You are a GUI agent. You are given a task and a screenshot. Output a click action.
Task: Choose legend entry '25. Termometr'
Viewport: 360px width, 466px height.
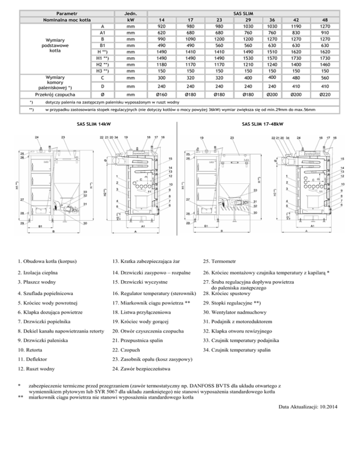pyautogui.click(x=219, y=260)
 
